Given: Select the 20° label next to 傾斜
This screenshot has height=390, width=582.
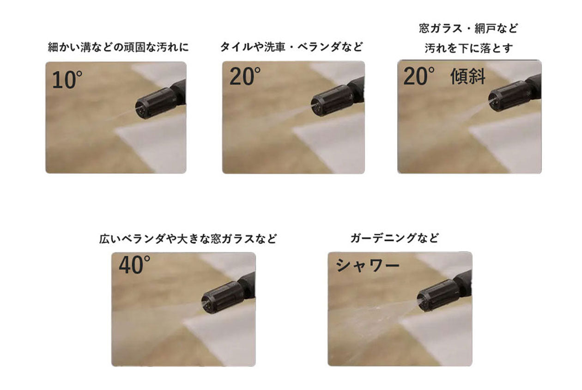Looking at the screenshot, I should click(x=419, y=76).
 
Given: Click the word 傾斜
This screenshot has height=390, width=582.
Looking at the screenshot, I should click(x=467, y=77).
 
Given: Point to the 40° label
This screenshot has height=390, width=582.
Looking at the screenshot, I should click(x=134, y=265).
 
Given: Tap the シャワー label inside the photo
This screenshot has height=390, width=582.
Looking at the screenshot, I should click(x=367, y=265).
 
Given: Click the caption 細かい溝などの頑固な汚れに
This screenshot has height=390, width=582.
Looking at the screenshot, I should click(x=118, y=47).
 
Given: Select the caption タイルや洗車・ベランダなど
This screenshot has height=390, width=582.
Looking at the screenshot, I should click(x=291, y=47).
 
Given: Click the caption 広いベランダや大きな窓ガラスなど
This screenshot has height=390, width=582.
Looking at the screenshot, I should click(x=188, y=239).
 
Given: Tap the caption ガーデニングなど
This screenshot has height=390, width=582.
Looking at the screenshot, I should click(x=394, y=238).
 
